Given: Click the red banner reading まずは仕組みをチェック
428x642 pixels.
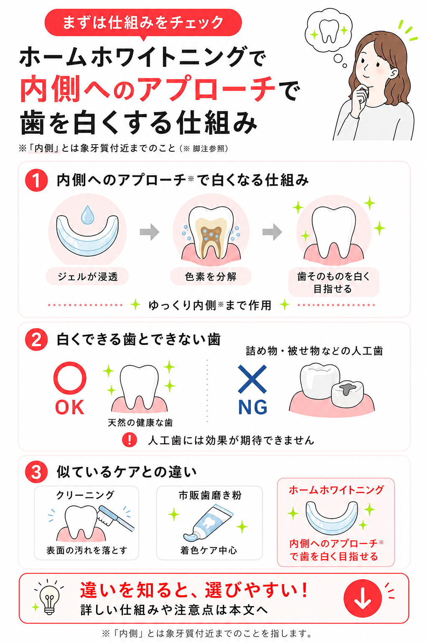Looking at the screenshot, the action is coord(143,23).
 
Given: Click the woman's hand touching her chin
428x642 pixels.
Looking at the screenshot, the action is coord(359,99).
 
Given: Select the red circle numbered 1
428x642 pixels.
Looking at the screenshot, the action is coord(36,180).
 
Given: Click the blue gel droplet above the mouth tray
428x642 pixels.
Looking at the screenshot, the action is coord(87,215).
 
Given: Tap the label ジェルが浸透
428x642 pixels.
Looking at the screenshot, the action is coord(87,276).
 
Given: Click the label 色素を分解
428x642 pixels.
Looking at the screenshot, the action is coord(211,276).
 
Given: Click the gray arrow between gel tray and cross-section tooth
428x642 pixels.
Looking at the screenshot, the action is coord(149,232).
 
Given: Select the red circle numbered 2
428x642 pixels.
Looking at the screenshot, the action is coord(36,340).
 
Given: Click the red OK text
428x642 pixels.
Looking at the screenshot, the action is coord(70,407).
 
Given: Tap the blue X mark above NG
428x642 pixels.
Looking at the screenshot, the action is coord(252,379).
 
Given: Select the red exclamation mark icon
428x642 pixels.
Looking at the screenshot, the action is coord(130,440).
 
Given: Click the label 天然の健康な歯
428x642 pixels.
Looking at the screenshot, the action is coord(140,423).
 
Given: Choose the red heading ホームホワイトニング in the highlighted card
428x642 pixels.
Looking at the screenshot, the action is coord(336,490).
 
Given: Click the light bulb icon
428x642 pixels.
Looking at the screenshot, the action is coord(49,599).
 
